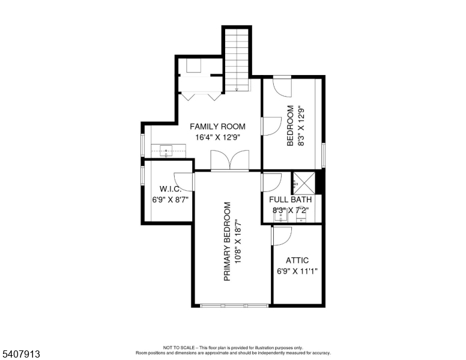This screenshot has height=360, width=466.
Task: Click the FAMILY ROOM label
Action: (217, 127)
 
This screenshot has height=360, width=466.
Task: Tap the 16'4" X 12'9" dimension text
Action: (217, 137)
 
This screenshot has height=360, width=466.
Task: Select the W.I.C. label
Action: (171, 188)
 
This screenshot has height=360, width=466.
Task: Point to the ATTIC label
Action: (297, 260)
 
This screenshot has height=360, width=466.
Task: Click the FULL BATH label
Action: (291, 200)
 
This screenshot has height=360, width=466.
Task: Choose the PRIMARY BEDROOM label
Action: (227, 241)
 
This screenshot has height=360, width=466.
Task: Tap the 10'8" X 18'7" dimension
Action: (238, 241)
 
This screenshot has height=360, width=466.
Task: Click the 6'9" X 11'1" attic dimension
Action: (297, 271)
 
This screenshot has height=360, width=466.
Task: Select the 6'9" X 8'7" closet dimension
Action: (171, 200)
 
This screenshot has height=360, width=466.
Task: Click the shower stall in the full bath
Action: (304, 183)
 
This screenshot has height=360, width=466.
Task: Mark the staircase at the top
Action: (237, 60)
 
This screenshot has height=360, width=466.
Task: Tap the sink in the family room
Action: (166, 151)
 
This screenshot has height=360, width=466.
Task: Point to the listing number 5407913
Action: (21, 354)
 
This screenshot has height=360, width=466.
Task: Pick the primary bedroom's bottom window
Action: (234, 305)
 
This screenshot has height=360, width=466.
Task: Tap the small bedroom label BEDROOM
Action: (291, 125)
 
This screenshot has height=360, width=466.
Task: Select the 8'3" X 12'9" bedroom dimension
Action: (301, 125)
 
